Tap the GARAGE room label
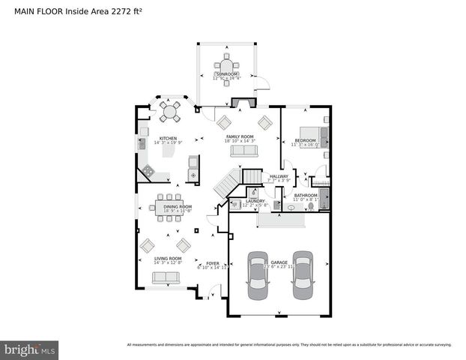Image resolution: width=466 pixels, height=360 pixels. tap(279, 262)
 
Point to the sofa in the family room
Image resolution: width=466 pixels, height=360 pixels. tap(243, 151)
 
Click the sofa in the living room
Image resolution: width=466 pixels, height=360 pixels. tap(166, 277)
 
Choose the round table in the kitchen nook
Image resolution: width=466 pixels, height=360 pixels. tap(171, 112)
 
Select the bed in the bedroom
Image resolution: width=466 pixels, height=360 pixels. tap(310, 136)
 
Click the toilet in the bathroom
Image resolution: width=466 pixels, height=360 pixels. tap(291, 208)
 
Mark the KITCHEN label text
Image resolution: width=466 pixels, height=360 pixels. tap(168, 138)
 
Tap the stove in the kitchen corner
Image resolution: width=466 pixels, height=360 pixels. tap(148, 172)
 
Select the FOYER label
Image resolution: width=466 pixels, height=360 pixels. tap(213, 262)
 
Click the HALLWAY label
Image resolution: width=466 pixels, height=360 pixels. tap(278, 176)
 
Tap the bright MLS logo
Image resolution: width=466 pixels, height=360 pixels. tap(30, 349)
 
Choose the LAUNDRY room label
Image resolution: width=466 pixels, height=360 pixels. tap(255, 201)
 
